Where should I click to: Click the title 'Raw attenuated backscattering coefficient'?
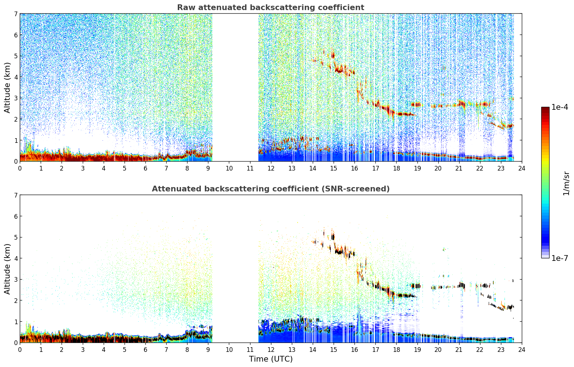tap(271, 8)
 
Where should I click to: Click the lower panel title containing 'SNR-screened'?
tap(271, 189)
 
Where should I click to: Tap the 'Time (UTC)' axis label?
tap(271, 359)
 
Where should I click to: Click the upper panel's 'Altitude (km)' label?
tap(7, 87)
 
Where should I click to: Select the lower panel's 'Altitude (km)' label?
tap(7, 269)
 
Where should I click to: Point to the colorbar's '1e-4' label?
tap(559, 107)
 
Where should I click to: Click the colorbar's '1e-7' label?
tap(559, 258)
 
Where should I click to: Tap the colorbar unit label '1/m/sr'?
tap(566, 184)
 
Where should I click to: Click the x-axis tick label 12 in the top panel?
tap(271, 168)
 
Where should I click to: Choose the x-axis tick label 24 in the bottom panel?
tap(522, 350)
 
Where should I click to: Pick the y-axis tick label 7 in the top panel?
tap(15, 14)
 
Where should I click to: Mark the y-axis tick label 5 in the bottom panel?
tap(15, 237)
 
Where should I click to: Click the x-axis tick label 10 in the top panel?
tap(229, 168)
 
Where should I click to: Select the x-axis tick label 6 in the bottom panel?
tap(145, 350)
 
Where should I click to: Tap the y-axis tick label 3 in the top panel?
tap(15, 98)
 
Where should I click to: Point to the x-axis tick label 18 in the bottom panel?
tap(397, 350)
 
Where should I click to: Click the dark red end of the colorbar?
tap(545, 109)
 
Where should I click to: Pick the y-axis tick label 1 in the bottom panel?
tap(15, 322)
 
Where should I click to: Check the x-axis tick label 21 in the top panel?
tap(459, 168)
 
